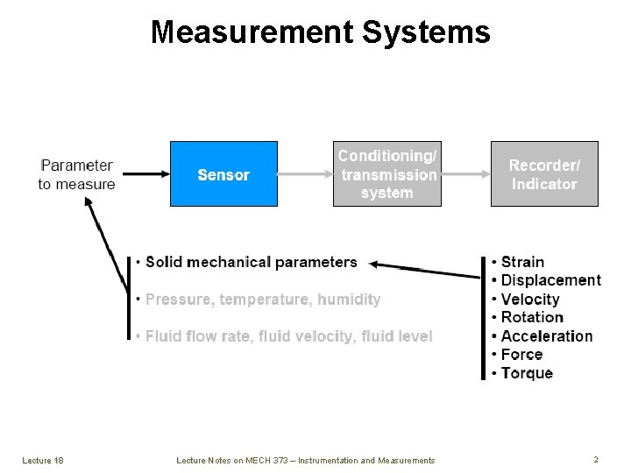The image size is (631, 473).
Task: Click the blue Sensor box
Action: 223,174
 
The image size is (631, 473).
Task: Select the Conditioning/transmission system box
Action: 386,174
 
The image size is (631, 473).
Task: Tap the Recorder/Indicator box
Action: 544,174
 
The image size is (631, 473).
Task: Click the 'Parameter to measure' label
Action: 76,174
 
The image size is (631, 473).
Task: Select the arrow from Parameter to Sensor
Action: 142,174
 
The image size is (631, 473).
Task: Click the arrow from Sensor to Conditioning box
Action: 304,174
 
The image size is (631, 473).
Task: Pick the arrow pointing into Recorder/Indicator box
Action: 464,174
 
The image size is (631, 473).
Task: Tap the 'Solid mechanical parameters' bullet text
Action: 251,262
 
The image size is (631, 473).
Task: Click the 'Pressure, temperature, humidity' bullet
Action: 262,300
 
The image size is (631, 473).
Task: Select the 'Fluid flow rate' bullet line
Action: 288,336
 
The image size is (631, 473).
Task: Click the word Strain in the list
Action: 522,262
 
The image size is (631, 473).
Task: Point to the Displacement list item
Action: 550,280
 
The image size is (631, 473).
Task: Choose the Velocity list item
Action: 530,300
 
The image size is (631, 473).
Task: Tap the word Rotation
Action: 532,318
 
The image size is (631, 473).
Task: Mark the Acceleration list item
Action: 547,336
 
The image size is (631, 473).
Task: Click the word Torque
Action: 527,373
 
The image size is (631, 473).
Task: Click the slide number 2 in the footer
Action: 596,460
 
